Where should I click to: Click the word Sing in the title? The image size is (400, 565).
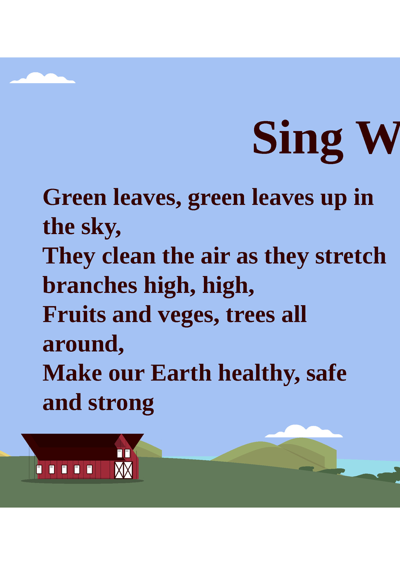297,139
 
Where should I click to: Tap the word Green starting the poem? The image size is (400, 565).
75,197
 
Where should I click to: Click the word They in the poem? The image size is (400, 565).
69,256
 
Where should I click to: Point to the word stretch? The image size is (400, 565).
350,256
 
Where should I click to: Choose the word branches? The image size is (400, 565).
90,286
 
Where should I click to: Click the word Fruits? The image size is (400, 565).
74,314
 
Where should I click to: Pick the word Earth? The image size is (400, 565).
181,373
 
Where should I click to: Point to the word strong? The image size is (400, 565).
121,403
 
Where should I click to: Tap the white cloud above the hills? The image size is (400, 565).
304,432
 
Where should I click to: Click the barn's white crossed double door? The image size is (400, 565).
124,470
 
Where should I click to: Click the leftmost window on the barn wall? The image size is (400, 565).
39,469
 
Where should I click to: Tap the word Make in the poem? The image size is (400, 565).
72,373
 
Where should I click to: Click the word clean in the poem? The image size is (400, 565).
129,256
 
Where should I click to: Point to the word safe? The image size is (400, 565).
326,373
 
